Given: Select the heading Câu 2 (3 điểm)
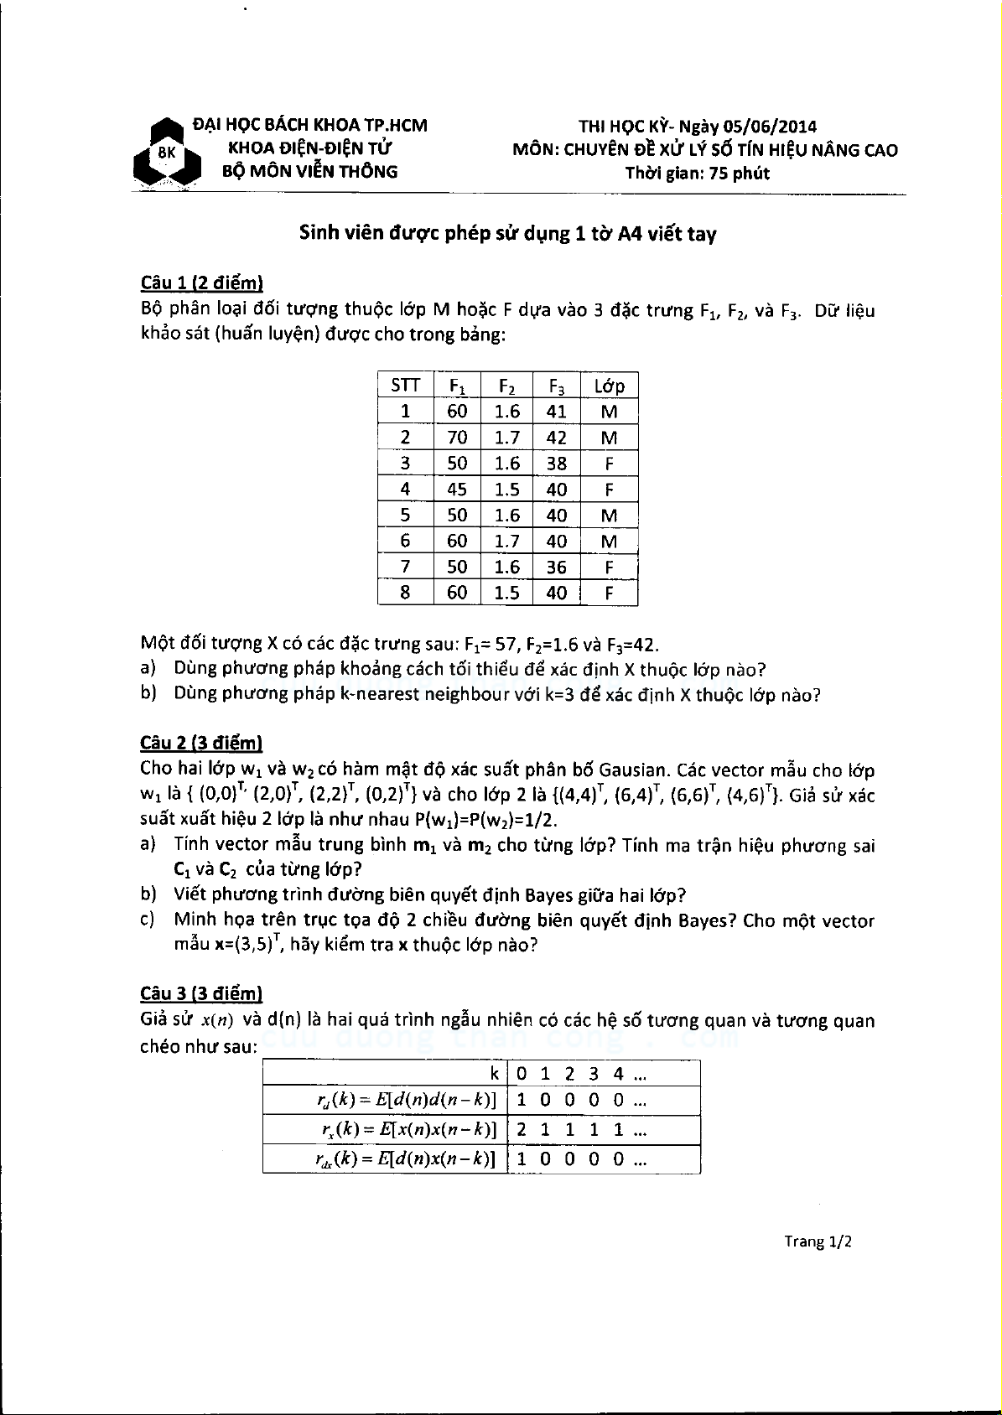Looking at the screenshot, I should point(201,743).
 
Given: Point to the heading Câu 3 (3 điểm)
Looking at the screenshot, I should point(201,993).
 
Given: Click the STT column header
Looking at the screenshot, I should point(406,386).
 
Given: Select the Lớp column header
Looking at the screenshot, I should point(609,386).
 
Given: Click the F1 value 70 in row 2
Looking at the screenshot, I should point(457,438).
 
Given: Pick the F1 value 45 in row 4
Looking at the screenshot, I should point(457,490).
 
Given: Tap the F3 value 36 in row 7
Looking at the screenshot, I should point(557,568).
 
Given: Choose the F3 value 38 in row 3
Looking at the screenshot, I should point(557,464).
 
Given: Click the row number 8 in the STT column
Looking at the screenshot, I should point(406,593).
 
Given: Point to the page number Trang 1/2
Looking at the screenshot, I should point(818,1241).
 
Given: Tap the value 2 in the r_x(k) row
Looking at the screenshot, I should point(522,1129).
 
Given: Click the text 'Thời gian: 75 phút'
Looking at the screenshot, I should point(697,174).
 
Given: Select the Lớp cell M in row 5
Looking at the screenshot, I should point(609,516).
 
